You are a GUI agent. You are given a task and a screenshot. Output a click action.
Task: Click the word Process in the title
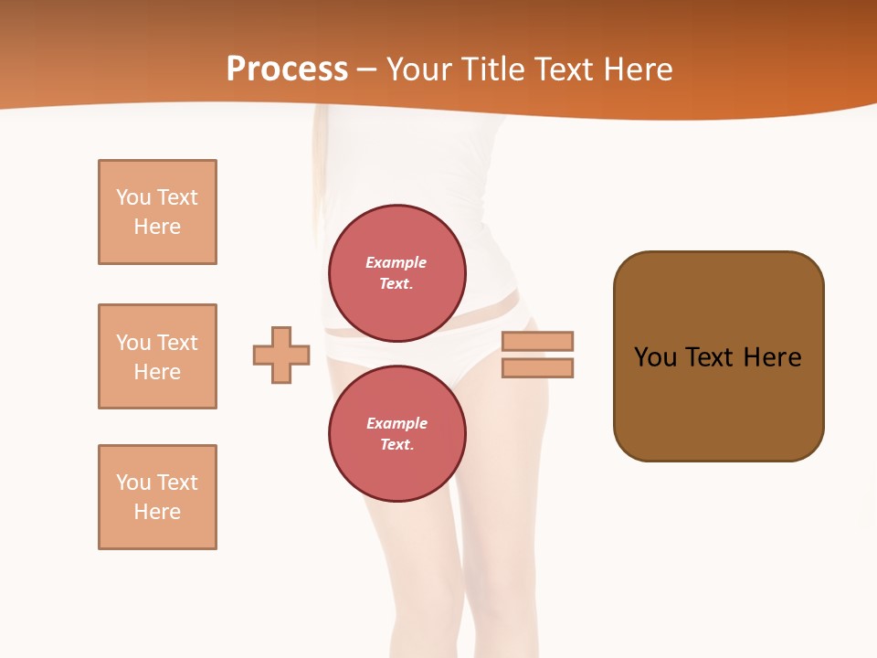[287, 69]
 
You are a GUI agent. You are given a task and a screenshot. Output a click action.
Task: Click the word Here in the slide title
[637, 69]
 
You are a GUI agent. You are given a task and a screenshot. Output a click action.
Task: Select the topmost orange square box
[157, 212]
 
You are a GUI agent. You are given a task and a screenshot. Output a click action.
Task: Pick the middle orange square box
[157, 356]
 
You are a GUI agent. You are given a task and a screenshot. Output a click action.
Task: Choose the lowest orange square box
[157, 497]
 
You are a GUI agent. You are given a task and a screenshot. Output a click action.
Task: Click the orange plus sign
[281, 355]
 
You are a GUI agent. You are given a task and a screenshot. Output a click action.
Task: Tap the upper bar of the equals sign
[537, 341]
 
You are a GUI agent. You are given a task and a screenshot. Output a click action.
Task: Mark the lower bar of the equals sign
[537, 368]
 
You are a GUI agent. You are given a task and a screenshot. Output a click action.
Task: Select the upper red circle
[397, 272]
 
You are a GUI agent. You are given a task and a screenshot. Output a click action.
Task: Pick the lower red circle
[397, 434]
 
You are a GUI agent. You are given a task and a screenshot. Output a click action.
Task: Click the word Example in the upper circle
[396, 262]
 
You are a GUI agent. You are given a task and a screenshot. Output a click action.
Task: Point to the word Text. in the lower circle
[396, 445]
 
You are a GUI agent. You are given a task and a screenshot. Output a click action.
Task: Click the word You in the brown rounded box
[655, 357]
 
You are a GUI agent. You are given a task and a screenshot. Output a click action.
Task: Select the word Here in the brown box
[772, 357]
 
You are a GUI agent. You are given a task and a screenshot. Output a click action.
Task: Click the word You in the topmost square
[132, 197]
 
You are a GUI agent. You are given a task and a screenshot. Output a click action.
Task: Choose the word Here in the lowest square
[157, 512]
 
